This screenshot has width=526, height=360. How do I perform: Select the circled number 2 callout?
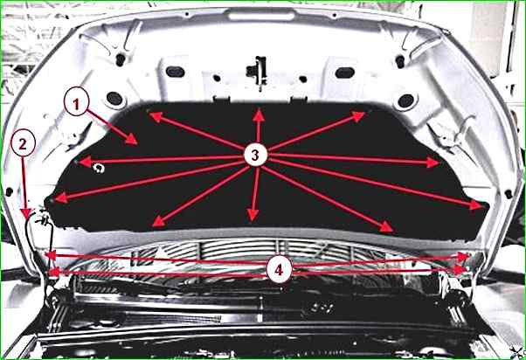(23, 143)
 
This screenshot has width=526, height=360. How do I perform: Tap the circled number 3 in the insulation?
(256, 155)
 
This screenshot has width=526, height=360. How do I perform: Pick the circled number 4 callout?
(279, 269)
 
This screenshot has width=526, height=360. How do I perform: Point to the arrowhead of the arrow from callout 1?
(131, 139)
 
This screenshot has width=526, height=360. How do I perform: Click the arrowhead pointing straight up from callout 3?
(259, 114)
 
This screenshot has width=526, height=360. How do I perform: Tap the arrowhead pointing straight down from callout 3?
(253, 215)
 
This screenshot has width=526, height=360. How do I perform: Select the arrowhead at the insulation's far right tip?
(477, 205)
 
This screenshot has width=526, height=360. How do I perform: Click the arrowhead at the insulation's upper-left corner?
(156, 116)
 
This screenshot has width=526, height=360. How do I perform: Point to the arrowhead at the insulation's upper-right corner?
(358, 116)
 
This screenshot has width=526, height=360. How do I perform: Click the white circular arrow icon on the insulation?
(99, 168)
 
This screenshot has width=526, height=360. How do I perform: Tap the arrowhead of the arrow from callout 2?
(26, 214)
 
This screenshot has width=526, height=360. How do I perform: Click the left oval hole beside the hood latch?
(175, 72)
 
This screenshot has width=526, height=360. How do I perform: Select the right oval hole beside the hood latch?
(344, 73)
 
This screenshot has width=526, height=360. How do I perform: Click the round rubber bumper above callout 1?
(114, 99)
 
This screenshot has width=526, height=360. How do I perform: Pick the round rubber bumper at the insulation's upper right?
(406, 101)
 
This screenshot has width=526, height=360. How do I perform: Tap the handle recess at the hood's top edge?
(261, 15)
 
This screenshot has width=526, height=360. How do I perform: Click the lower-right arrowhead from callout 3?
(386, 227)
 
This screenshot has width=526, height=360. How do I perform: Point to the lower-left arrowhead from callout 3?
(159, 221)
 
